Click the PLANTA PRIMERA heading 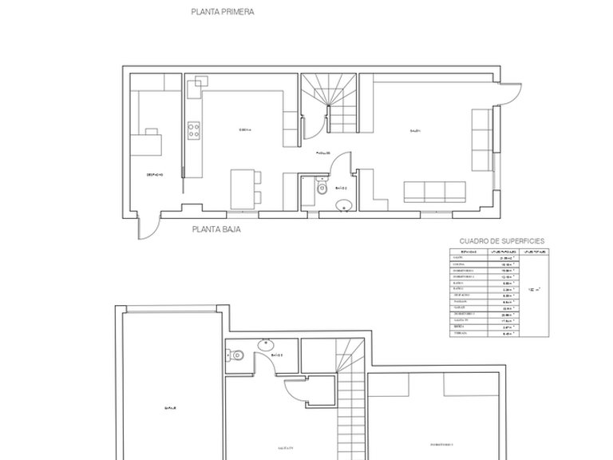(223, 13)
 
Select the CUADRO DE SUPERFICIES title (502, 240)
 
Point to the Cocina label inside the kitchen (245, 131)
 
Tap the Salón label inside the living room (416, 131)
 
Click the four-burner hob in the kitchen (192, 130)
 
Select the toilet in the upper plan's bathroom (320, 188)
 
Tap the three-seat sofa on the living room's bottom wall (435, 191)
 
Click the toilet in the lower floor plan (238, 358)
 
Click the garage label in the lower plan (170, 406)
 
